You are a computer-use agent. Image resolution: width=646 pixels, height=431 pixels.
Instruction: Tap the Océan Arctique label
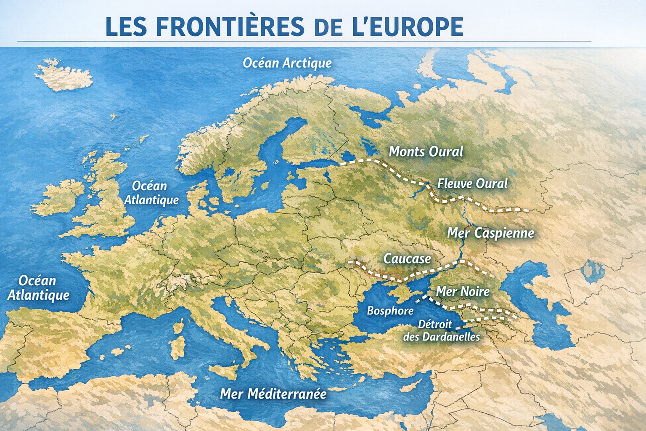287,63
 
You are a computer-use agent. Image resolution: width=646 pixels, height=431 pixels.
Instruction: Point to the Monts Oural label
426,152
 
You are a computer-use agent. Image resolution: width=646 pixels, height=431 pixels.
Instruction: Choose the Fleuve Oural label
472,184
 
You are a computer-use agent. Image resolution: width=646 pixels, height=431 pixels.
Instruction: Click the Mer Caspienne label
490,233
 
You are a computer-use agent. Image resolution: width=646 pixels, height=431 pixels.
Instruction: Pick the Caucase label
407,258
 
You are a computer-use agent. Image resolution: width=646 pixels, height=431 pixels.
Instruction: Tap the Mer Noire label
463,291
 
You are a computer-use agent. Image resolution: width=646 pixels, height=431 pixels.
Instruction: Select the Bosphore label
390,311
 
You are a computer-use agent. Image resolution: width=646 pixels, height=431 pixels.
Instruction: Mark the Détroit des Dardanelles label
442,330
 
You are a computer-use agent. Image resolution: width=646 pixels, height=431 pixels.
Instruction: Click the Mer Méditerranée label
273,394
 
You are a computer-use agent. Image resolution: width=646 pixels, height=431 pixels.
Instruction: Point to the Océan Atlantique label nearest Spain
38,288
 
